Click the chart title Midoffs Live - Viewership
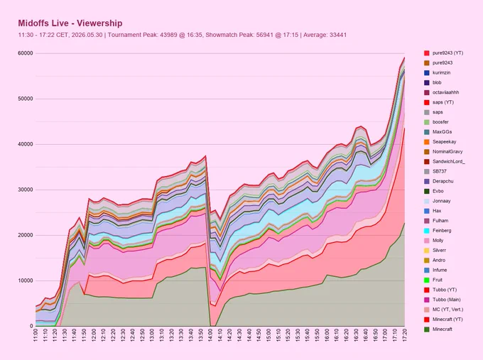(x=70, y=23)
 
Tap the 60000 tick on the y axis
(x=26, y=53)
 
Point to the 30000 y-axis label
(x=26, y=190)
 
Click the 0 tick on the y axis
(x=31, y=326)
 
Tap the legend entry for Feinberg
(x=438, y=231)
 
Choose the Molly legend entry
(x=434, y=241)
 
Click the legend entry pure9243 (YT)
(x=443, y=53)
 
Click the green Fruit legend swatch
(x=427, y=280)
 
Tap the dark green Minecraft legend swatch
(x=427, y=329)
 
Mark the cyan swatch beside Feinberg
(x=427, y=231)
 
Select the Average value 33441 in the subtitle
(x=338, y=35)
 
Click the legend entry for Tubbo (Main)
(x=440, y=300)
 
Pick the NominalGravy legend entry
(x=443, y=151)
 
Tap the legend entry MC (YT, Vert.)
(x=443, y=310)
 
